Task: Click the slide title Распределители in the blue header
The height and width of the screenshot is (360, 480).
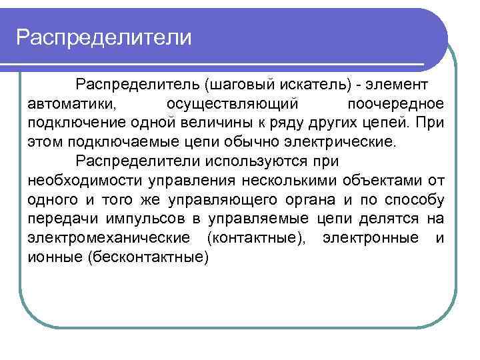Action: tap(104, 37)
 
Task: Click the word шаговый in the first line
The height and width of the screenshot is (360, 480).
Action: tap(238, 85)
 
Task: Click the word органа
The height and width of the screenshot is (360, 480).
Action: tap(314, 200)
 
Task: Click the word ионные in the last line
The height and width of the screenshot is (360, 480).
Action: tap(55, 257)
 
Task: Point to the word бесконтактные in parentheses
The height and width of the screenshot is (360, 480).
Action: tap(148, 257)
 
